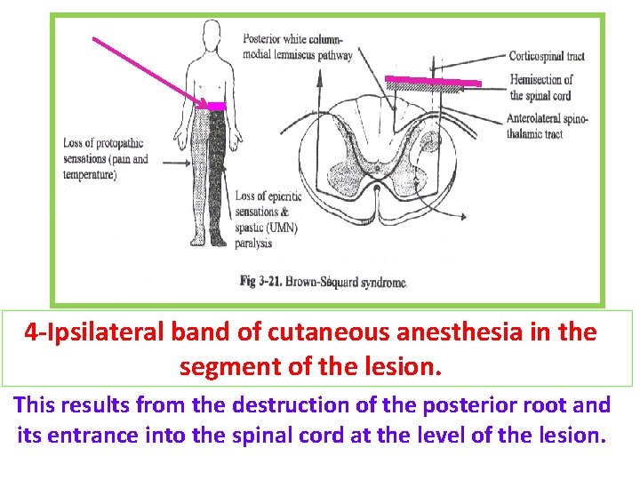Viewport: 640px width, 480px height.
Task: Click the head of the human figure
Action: pyautogui.click(x=211, y=35)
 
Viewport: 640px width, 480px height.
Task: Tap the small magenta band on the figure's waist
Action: pyautogui.click(x=215, y=106)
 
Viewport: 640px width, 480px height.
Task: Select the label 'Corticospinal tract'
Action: pyautogui.click(x=546, y=56)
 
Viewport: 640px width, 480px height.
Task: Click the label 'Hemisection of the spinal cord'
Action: pyautogui.click(x=540, y=87)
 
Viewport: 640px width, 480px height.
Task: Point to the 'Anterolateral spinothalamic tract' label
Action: pyautogui.click(x=547, y=126)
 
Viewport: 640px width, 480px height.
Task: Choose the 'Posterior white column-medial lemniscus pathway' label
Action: pyautogui.click(x=297, y=47)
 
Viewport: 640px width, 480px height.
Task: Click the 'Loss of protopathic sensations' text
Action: pyautogui.click(x=105, y=159)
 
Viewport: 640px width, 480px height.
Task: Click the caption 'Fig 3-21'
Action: pyautogui.click(x=260, y=282)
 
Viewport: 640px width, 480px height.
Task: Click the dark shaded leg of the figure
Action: pyautogui.click(x=219, y=178)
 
